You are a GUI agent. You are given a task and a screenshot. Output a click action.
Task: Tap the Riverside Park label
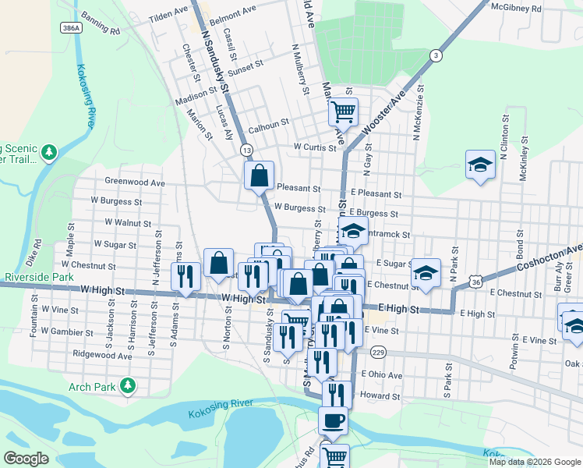37,277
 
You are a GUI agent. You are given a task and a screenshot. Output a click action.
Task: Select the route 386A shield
71,27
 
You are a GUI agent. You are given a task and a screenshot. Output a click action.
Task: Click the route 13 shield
246,149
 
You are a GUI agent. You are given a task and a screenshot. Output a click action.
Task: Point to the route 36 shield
475,280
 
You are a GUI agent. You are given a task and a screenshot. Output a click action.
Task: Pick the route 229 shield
379,352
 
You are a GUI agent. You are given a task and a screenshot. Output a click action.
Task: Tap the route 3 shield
436,55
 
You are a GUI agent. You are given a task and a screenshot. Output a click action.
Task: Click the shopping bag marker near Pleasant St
259,175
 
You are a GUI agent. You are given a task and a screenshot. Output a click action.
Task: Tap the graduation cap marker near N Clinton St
480,165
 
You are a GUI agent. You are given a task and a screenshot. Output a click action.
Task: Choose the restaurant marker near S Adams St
185,276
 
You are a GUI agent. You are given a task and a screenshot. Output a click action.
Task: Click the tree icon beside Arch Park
126,385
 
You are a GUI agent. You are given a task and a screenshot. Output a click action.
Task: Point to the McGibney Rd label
539,8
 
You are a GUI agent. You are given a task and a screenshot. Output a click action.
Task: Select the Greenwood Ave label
135,183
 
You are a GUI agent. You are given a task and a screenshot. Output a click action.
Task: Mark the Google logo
26,459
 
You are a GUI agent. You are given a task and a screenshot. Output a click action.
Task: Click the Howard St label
380,396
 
